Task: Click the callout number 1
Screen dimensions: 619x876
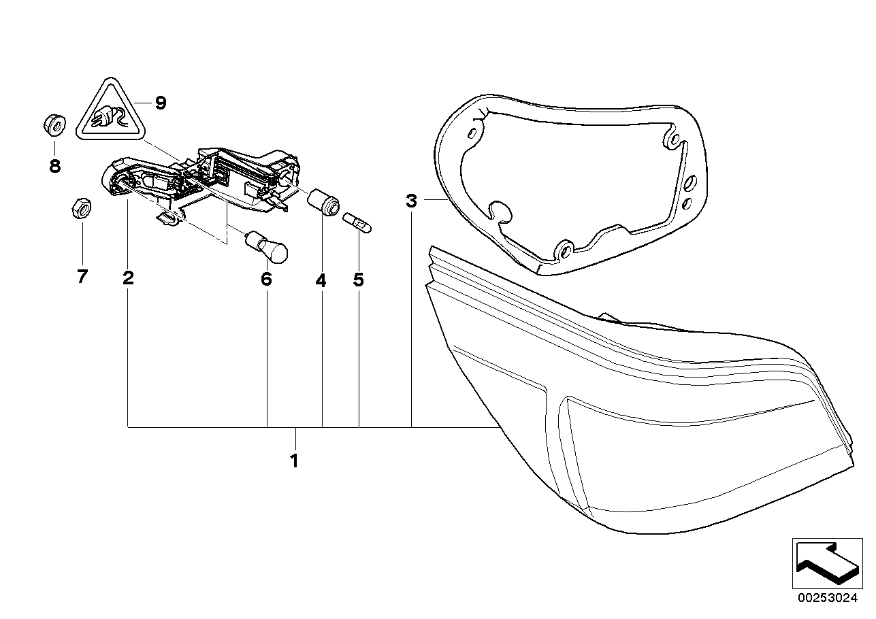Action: pos(294,461)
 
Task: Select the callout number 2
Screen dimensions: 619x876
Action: pos(128,278)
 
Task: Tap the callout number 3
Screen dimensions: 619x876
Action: pos(410,201)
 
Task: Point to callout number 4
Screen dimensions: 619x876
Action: pos(321,279)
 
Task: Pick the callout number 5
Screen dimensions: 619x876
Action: pos(359,279)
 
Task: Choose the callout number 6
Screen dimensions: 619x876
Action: pos(266,279)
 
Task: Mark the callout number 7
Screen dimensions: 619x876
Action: pos(82,278)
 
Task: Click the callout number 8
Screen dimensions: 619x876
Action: pos(54,165)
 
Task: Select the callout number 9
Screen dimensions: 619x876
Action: pos(159,103)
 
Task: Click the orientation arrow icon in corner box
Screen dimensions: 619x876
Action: pos(826,563)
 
